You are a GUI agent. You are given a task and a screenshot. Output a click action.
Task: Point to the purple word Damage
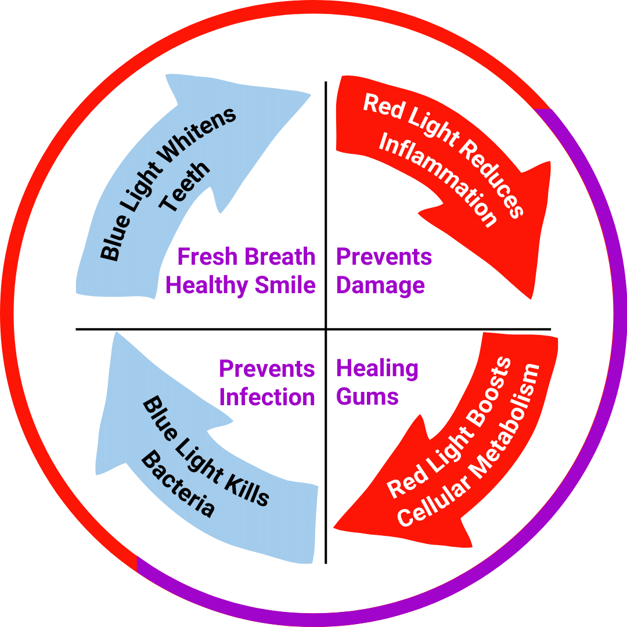tap(380, 286)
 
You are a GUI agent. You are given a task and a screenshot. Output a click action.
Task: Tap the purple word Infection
tap(267, 397)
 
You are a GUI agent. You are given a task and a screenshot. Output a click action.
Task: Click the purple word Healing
tap(377, 368)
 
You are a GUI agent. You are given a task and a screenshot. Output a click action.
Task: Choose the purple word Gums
tap(367, 397)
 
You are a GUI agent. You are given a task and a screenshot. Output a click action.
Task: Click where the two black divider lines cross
tap(326, 330)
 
